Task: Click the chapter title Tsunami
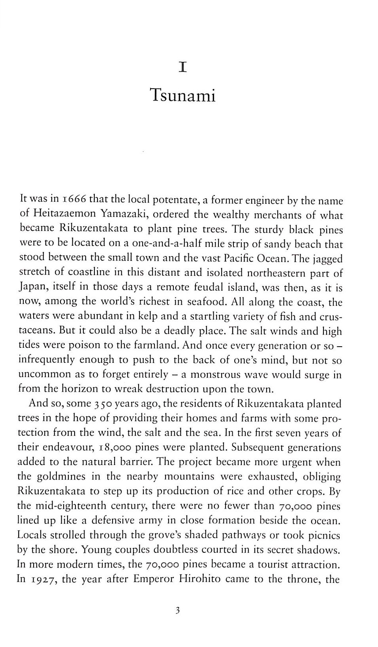183,96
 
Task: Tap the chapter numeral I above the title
182,67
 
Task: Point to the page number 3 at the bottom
177,610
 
